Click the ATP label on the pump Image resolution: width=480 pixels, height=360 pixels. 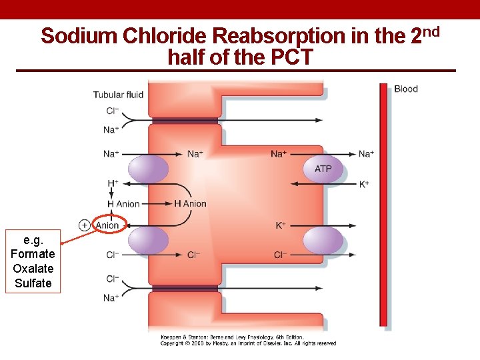(x=323, y=169)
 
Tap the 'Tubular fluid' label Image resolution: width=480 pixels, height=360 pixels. (x=118, y=95)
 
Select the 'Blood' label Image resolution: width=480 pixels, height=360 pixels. (x=406, y=89)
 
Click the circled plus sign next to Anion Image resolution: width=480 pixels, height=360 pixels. (x=85, y=225)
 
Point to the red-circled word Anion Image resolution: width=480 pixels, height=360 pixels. (x=107, y=225)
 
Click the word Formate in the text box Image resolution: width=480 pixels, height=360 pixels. (x=33, y=254)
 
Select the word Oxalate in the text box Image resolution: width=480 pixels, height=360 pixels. (x=33, y=269)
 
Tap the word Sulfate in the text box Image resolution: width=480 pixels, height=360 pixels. (x=33, y=283)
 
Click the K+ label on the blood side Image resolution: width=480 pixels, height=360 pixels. (x=364, y=184)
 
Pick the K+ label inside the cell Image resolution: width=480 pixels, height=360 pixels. (x=281, y=225)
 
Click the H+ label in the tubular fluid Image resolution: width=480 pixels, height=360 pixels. (x=113, y=183)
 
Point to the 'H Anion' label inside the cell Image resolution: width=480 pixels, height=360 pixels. (x=191, y=204)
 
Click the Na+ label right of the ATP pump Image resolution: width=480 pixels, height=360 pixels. (x=366, y=154)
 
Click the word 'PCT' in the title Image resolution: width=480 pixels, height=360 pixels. (x=291, y=58)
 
